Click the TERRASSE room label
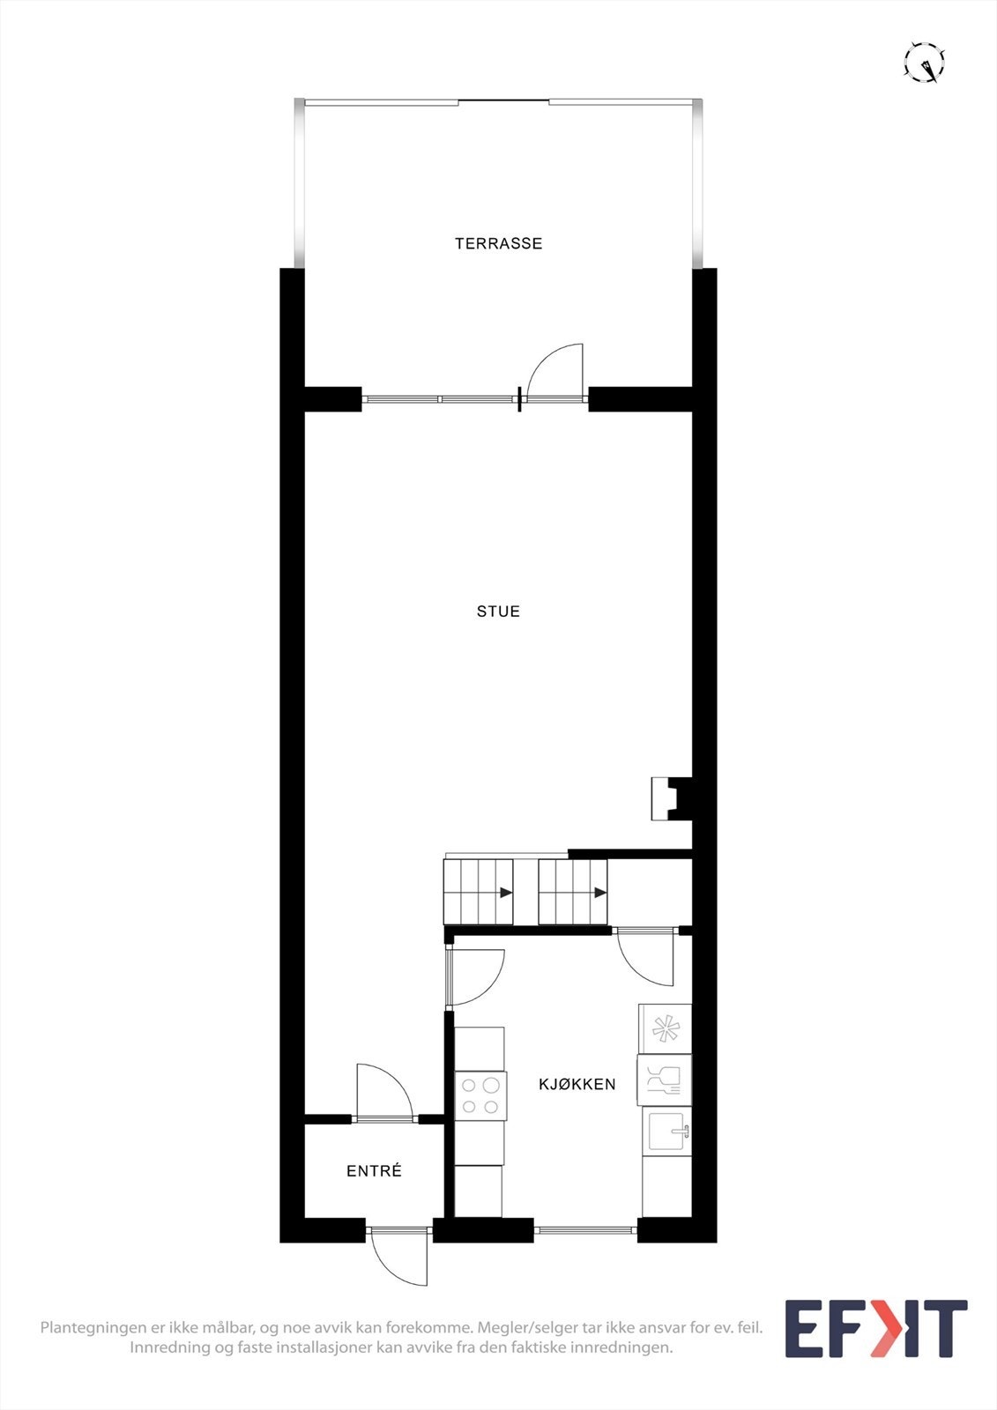click(498, 243)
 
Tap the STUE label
click(498, 611)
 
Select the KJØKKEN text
click(577, 1084)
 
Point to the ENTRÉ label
click(374, 1171)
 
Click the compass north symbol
click(925, 63)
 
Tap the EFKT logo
click(875, 1328)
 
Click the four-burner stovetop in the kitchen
click(481, 1095)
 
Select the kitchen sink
click(666, 1131)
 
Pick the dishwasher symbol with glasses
click(664, 1080)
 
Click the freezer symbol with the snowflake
click(665, 1028)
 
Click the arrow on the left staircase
click(506, 893)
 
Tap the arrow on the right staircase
click(600, 893)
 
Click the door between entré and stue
click(385, 1093)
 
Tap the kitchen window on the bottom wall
click(585, 1230)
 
